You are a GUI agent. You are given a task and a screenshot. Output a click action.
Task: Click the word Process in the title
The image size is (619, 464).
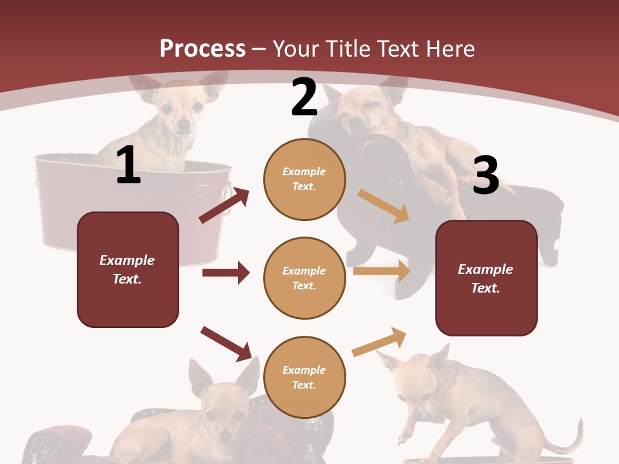202,49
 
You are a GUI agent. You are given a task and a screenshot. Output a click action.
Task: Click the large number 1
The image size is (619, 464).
128,166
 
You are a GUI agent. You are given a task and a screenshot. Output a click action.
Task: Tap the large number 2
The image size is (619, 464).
304,97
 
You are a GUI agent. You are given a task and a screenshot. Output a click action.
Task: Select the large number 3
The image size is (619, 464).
486,175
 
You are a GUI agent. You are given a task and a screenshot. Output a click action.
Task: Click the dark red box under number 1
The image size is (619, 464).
128,269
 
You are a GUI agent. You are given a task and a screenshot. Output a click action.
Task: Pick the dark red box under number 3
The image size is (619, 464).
486,278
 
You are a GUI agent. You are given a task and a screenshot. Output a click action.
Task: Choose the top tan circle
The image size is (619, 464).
304,179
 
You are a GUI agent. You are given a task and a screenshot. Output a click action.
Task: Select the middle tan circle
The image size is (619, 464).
304,278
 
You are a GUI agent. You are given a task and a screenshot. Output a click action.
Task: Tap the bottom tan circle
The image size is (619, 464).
304,377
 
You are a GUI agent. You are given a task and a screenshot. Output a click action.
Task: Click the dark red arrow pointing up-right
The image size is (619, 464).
224,206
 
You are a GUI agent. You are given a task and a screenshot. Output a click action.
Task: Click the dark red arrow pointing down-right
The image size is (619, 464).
226,343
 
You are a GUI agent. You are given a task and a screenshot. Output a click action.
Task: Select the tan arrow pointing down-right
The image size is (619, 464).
384,206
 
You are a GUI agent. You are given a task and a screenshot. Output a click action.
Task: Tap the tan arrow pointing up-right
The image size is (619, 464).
379,342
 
